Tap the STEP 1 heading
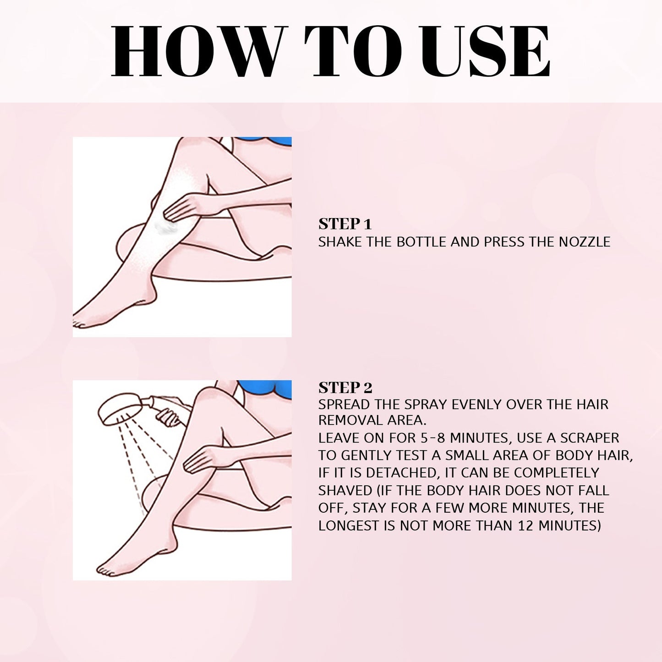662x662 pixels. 345,224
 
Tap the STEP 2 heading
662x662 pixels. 345,388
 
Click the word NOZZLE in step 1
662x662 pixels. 585,242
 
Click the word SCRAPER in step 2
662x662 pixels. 590,438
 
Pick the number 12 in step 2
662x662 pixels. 526,525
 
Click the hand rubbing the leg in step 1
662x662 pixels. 186,206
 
